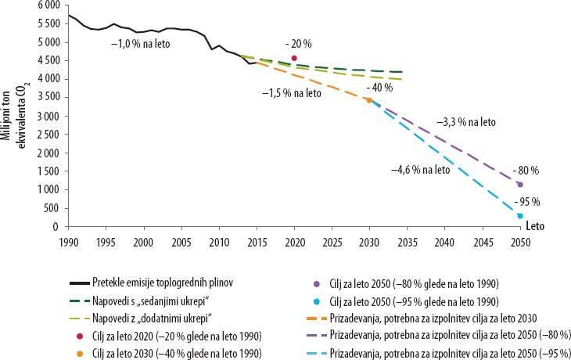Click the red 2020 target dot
point(294,58)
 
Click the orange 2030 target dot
point(369,100)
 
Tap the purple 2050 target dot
point(520,185)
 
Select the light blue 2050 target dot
point(520,216)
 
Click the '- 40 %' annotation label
point(382,87)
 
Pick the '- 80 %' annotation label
point(526,170)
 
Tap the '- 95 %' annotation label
point(526,201)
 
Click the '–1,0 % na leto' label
point(140,43)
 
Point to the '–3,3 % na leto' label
point(467,122)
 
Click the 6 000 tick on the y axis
point(47,5)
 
